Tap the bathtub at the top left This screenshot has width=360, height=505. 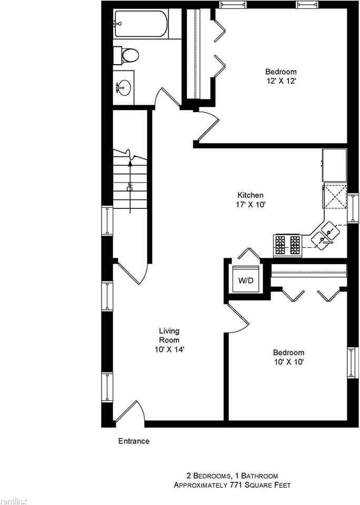coord(141,23)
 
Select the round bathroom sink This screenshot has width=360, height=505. coord(124,87)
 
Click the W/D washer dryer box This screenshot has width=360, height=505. coord(246,280)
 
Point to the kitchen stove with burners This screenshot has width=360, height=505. coord(287,245)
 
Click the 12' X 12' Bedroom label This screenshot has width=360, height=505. coord(281,76)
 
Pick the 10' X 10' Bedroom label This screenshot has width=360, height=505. coord(288,357)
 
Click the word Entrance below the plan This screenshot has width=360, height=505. coord(133,441)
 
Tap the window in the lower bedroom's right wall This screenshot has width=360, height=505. coord(351,362)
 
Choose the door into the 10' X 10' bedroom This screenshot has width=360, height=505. coord(238,318)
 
